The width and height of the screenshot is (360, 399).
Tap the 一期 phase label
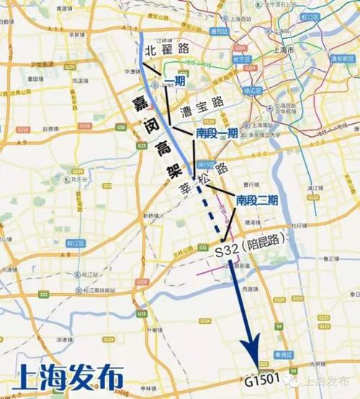pos(175,81)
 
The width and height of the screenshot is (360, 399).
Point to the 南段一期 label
pos(217,133)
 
